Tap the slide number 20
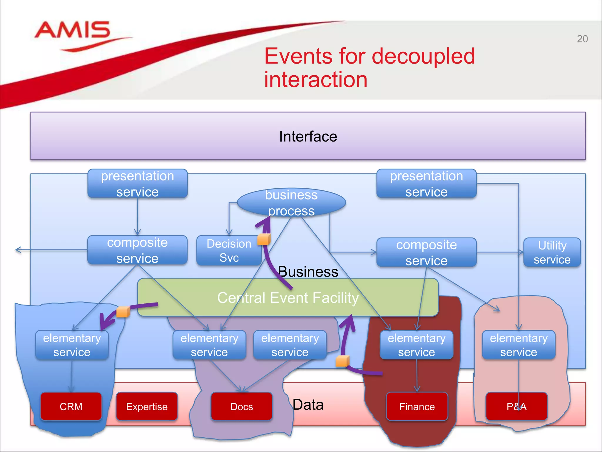[582, 39]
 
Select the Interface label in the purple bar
[308, 137]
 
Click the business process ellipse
[291, 203]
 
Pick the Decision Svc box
[229, 251]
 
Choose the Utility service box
[552, 252]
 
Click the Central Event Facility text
[288, 298]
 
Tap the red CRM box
[71, 406]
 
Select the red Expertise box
[147, 406]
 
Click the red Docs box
[242, 406]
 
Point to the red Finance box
[417, 406]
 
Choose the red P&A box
[516, 406]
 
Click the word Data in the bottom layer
[308, 405]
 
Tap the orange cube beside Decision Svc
[264, 239]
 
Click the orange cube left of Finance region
[342, 361]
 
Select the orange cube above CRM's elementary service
[123, 312]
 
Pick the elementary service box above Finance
[417, 345]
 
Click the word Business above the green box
[308, 271]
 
